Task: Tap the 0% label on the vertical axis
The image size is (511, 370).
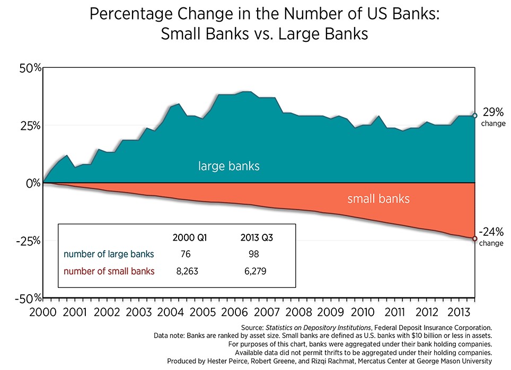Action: tap(33, 183)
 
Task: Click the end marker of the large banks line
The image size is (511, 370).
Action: tap(475, 116)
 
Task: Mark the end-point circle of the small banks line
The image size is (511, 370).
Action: tap(475, 239)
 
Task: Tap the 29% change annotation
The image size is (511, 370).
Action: tap(492, 117)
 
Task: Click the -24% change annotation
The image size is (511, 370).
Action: tap(491, 236)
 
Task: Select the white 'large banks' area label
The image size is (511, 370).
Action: tap(229, 166)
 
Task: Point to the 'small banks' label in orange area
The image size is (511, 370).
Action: tap(378, 199)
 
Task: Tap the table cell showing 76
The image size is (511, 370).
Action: tap(186, 254)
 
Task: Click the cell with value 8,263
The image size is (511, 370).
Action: tap(186, 271)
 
